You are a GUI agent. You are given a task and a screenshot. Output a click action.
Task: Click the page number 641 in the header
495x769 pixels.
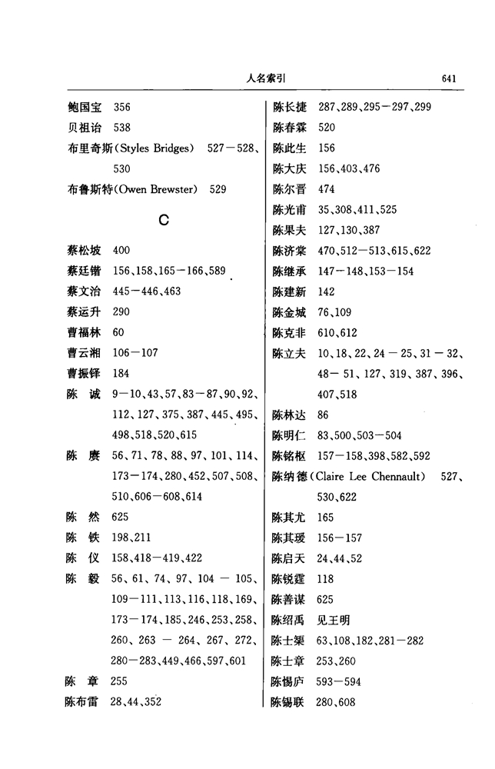pyautogui.click(x=450, y=78)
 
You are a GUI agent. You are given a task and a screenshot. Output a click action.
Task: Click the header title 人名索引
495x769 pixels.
pyautogui.click(x=267, y=78)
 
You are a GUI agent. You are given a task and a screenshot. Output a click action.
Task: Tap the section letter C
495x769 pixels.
pyautogui.click(x=163, y=220)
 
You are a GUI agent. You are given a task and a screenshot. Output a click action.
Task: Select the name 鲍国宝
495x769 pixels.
pyautogui.click(x=85, y=107)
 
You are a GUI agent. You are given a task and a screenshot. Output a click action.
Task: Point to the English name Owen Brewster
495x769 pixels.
pyautogui.click(x=159, y=189)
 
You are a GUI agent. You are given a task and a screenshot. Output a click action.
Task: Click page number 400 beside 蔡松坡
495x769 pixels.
pyautogui.click(x=121, y=251)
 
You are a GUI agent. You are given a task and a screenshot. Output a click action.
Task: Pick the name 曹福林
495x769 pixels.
pyautogui.click(x=85, y=332)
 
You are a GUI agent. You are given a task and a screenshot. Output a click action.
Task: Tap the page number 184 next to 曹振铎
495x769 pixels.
pyautogui.click(x=121, y=374)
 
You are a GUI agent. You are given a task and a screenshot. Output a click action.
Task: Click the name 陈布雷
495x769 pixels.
pyautogui.click(x=85, y=701)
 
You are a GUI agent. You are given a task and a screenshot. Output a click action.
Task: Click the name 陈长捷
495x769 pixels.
pyautogui.click(x=290, y=107)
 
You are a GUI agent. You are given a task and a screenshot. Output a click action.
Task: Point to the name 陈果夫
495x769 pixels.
pyautogui.click(x=290, y=230)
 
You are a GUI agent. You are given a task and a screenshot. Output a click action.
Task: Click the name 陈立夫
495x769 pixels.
pyautogui.click(x=290, y=353)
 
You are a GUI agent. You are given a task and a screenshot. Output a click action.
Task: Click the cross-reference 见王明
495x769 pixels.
pyautogui.click(x=336, y=620)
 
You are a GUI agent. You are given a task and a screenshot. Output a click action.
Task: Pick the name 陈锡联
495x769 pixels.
pyautogui.click(x=290, y=702)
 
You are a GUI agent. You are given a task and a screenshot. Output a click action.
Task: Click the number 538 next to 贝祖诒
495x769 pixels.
pyautogui.click(x=121, y=128)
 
